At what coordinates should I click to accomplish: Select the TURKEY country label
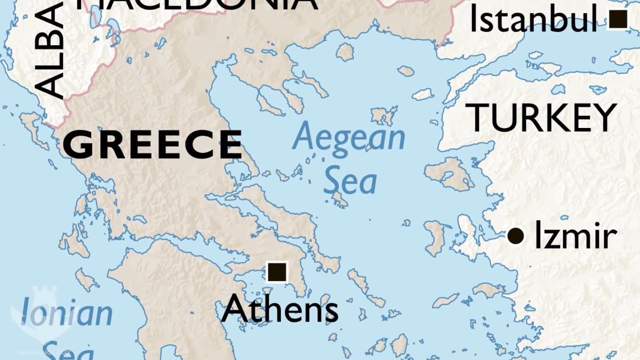coord(541,118)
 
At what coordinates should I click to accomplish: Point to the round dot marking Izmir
coord(515,235)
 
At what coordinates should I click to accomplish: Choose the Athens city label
coord(279,309)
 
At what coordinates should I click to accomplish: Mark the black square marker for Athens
coord(276,272)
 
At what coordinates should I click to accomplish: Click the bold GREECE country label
coord(153,145)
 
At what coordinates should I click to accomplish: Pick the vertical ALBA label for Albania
coord(51,51)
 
